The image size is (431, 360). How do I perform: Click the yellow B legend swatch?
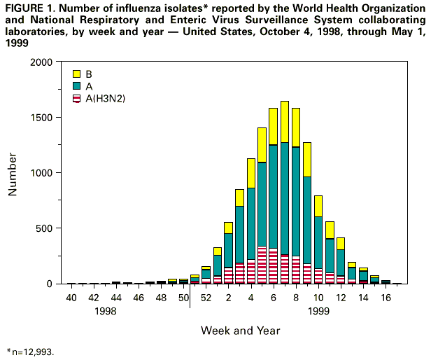[76, 74]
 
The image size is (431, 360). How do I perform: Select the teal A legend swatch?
[76, 85]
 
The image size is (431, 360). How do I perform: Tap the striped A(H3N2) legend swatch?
[76, 97]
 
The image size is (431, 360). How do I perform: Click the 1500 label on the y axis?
[42, 118]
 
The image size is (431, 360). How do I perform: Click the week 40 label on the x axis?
[71, 298]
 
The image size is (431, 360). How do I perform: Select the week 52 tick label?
[206, 298]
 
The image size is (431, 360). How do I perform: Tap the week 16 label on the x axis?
[385, 298]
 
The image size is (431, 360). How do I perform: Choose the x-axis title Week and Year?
[240, 329]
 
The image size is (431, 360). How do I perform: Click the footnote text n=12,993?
[31, 351]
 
